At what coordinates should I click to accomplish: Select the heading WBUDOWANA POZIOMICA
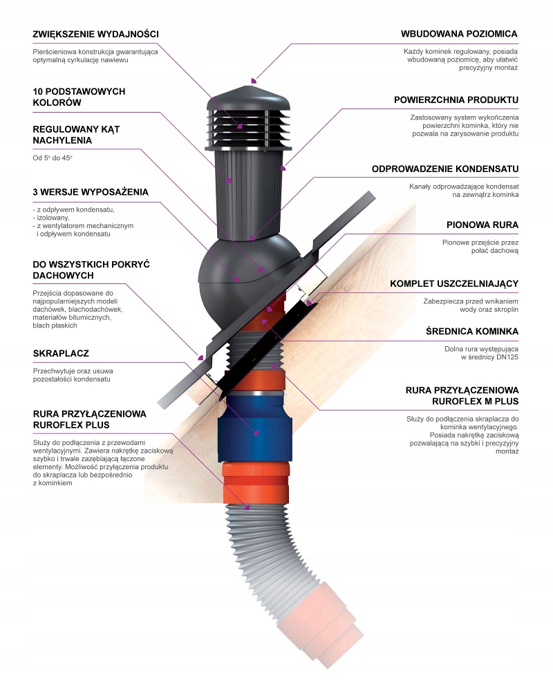point(459,34)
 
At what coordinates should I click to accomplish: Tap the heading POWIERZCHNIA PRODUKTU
point(456,100)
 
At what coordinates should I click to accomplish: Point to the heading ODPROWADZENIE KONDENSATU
point(445,169)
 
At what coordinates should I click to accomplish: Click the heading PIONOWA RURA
point(482,225)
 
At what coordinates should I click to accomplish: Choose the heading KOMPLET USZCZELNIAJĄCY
point(454,283)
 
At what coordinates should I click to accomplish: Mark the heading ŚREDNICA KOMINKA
point(472,332)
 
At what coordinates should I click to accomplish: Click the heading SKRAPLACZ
point(61,354)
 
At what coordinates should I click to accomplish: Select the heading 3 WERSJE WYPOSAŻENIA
point(91,192)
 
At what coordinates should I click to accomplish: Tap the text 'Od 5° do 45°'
point(53,158)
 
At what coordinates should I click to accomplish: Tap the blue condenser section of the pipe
point(252,428)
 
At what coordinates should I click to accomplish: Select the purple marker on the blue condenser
point(255,433)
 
